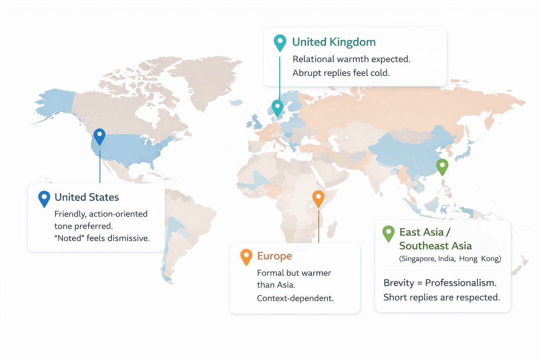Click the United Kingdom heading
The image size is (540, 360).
334,42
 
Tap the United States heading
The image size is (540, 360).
86,197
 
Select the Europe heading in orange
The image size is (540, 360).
274,256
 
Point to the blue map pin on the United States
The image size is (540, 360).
99,136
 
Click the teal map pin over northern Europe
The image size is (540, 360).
277,107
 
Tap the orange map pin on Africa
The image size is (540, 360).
318,198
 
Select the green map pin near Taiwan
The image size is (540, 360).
442,166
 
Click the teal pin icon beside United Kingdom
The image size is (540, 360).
280,42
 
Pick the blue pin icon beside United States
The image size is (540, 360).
44,198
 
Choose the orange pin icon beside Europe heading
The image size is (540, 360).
246,256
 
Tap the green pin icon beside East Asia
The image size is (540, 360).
388,233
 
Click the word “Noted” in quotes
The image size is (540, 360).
69,238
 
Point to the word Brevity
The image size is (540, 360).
399,283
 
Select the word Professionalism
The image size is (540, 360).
461,283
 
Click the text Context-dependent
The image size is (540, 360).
295,298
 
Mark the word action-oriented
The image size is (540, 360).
118,214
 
